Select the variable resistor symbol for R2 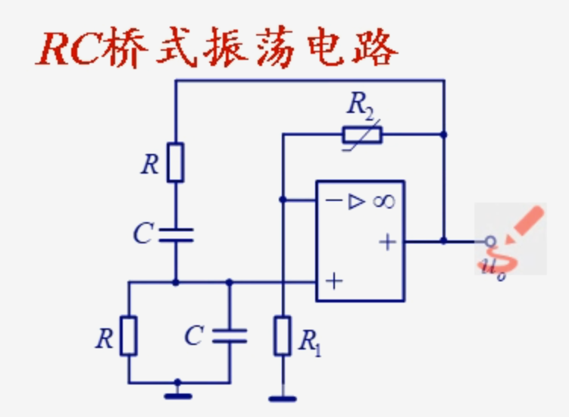pos(361,135)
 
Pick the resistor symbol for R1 pos(282,336)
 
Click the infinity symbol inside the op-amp pos(383,201)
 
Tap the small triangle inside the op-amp pos(357,201)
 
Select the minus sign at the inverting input pos(333,201)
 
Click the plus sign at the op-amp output pos(387,242)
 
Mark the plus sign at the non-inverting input pos(333,281)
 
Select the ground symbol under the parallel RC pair pos(177,392)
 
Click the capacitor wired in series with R pos(176,234)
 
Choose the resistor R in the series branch pos(176,162)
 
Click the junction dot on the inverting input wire pos(282,200)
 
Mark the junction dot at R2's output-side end pos(444,135)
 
